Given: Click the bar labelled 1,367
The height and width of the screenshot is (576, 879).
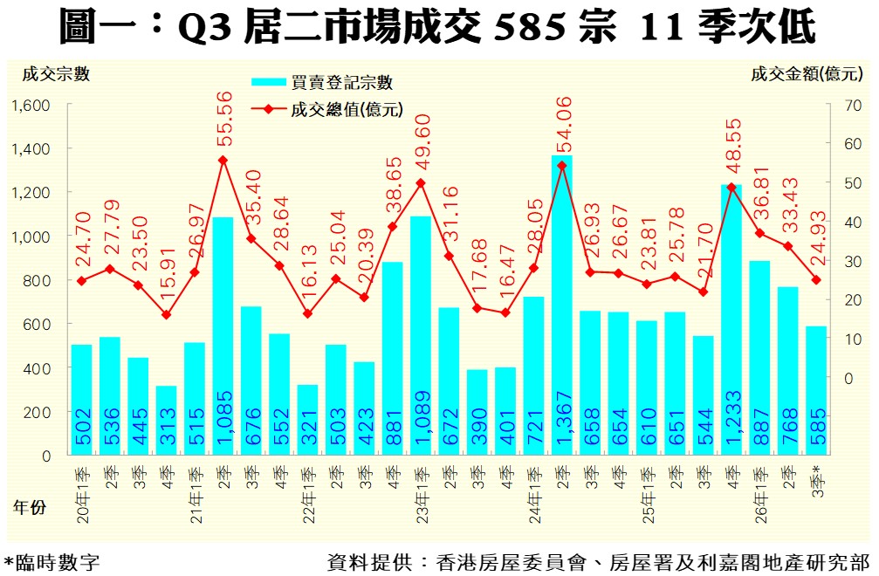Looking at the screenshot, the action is pyautogui.click(x=562, y=305).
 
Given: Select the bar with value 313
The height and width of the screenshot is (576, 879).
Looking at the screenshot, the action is pyautogui.click(x=166, y=421).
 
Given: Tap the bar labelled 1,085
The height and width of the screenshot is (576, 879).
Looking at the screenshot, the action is pyautogui.click(x=223, y=336).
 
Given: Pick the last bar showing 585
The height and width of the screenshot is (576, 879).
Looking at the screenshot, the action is pyautogui.click(x=816, y=390).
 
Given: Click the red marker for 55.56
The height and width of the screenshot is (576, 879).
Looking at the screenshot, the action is pyautogui.click(x=223, y=161).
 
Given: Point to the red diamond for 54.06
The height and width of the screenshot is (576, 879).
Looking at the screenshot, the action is pyautogui.click(x=562, y=166).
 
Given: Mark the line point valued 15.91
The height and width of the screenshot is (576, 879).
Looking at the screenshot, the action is pyautogui.click(x=166, y=315).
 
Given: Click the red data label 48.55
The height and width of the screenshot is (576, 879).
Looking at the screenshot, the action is pyautogui.click(x=732, y=145).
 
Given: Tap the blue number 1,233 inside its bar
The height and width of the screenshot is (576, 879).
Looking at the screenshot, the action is pyautogui.click(x=732, y=417).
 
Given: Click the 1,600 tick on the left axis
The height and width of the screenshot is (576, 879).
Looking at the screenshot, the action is pyautogui.click(x=31, y=106).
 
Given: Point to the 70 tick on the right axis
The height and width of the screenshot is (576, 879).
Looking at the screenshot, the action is pyautogui.click(x=852, y=106).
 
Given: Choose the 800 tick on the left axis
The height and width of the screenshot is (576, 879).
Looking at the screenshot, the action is pyautogui.click(x=37, y=280).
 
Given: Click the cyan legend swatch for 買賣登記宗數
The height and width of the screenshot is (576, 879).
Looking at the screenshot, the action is pyautogui.click(x=269, y=82).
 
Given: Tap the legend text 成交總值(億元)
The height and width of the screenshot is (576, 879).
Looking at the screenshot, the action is pyautogui.click(x=347, y=109).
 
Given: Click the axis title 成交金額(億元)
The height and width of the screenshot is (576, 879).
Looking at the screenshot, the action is pyautogui.click(x=807, y=73).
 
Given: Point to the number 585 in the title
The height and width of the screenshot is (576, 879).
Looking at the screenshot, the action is pyautogui.click(x=530, y=27).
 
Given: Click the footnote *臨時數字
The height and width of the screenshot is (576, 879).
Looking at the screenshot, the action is pyautogui.click(x=52, y=562).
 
